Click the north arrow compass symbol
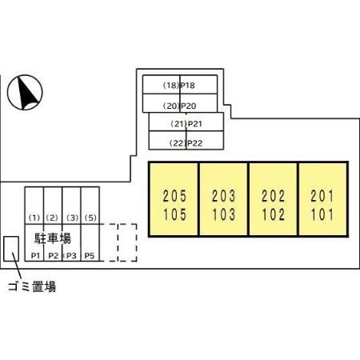25,92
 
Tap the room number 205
174,196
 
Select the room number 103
224,214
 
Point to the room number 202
274,196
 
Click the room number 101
322,214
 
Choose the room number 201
322,196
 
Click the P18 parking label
188,86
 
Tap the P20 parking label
189,106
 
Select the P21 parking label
195,124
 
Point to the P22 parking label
195,143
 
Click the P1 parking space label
35,256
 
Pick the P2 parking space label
54,256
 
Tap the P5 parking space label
90,256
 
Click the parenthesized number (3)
72,218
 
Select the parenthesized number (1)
34,218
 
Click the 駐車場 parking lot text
53,238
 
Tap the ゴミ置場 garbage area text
32,286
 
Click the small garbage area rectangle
11,249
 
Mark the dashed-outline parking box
127,242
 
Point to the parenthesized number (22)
178,143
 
